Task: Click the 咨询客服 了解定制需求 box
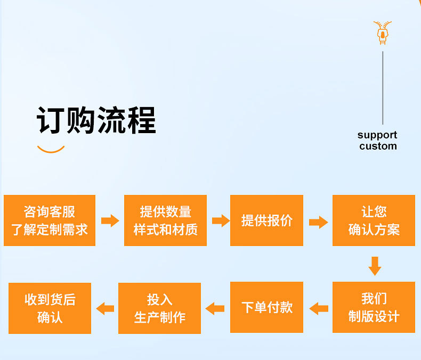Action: (x=50, y=220)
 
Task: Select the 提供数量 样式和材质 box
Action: (x=165, y=220)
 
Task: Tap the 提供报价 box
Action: (x=266, y=220)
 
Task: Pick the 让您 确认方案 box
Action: (x=374, y=220)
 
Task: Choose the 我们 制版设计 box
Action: (x=374, y=307)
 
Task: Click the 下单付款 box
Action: (x=266, y=307)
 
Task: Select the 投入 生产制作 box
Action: (x=159, y=308)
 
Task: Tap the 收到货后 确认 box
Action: (x=50, y=308)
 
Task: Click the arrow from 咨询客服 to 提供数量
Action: (x=110, y=220)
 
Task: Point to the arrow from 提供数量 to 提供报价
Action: (x=220, y=220)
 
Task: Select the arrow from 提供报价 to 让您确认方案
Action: (x=318, y=222)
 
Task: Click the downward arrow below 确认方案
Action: (x=375, y=266)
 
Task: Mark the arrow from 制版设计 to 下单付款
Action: (x=319, y=308)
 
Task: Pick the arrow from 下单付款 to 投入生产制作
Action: (x=215, y=308)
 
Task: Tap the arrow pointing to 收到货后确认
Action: (x=105, y=308)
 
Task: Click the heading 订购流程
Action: (x=96, y=120)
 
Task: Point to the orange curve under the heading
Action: (x=51, y=150)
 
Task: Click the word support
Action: (x=377, y=135)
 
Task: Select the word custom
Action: (x=378, y=146)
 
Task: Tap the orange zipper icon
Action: (x=383, y=33)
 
